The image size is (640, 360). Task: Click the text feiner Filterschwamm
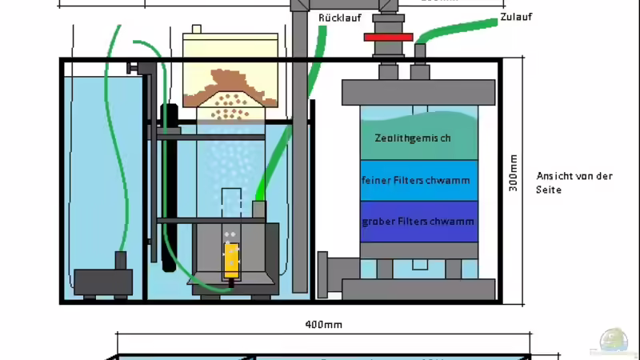pos(418,181)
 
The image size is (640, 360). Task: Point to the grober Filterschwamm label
pos(418,221)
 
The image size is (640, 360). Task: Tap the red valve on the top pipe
pos(387,37)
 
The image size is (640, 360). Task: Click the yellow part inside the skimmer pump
pos(231,258)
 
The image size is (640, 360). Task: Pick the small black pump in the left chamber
pos(104,279)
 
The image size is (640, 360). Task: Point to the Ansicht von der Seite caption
pos(574,182)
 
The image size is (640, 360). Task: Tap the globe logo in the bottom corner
pos(617,341)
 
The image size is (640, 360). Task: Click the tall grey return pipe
pos(300,160)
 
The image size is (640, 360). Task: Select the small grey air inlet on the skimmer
pos(258,209)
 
